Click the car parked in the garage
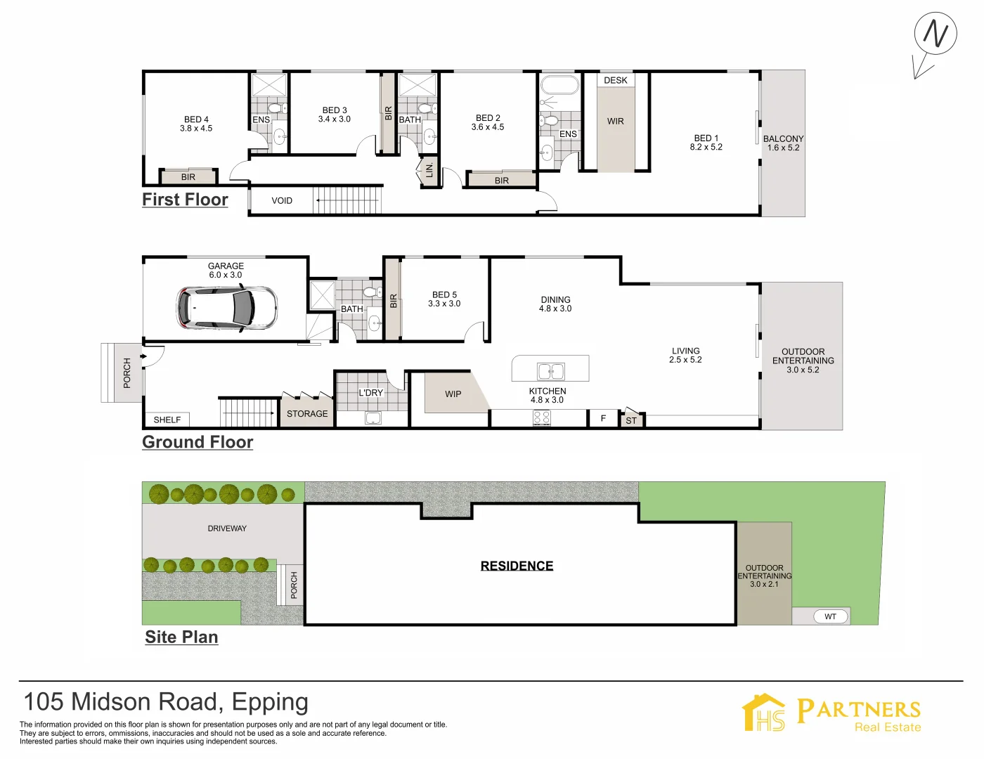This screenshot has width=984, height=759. (x=226, y=308)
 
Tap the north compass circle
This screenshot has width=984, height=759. (x=936, y=34)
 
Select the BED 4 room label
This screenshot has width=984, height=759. (x=196, y=119)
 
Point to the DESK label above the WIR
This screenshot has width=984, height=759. (x=616, y=80)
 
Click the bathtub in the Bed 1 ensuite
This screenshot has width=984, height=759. (x=559, y=85)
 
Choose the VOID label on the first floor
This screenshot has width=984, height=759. (x=282, y=200)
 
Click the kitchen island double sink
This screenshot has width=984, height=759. (x=550, y=371)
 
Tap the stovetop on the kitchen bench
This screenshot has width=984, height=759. (x=542, y=417)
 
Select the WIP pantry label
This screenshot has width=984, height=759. (x=453, y=394)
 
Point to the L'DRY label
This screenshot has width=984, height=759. (x=371, y=392)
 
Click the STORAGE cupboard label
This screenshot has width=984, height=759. (x=307, y=414)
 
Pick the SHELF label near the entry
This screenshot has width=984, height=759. (x=167, y=420)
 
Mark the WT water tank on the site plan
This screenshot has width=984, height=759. (x=831, y=616)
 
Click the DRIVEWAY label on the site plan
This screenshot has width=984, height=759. (x=227, y=528)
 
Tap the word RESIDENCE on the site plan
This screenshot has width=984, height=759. (x=517, y=566)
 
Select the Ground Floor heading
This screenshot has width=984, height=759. (x=198, y=442)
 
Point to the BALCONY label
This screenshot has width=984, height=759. (x=784, y=138)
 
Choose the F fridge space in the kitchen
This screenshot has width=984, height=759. (x=603, y=418)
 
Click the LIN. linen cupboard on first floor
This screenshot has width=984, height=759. (x=429, y=170)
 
